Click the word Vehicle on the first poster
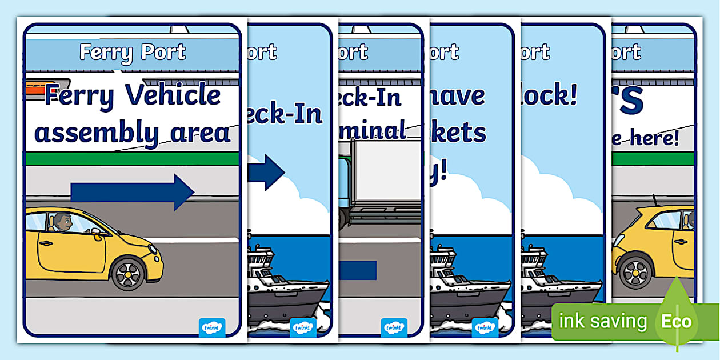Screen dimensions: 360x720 click(x=172, y=94)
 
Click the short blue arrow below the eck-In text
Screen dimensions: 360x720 click(x=266, y=172)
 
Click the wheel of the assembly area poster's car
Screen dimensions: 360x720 click(x=127, y=274)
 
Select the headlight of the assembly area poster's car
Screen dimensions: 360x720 click(x=153, y=250)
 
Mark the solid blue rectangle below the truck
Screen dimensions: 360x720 click(x=358, y=270)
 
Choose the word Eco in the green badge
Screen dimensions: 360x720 click(x=676, y=321)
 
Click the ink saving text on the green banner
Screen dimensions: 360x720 click(x=603, y=321)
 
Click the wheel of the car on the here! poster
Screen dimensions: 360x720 click(x=635, y=272)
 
